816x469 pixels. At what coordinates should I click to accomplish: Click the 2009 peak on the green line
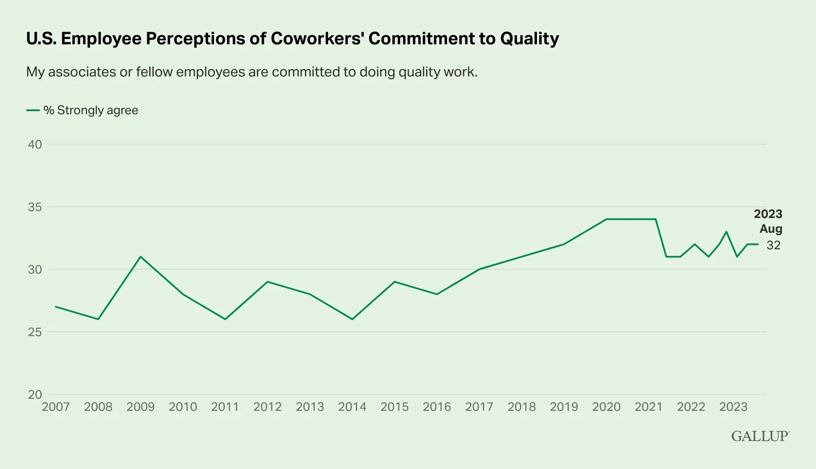140,257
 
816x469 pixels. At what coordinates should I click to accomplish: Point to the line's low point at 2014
352,319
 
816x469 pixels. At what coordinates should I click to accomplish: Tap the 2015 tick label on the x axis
394,407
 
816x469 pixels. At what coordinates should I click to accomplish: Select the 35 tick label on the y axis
35,207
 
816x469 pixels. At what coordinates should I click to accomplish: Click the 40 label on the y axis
35,145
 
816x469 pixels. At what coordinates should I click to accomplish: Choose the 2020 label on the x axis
606,407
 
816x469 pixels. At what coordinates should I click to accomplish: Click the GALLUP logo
760,436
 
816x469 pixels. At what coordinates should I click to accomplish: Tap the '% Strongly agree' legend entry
90,110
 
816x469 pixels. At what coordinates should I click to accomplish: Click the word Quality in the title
530,39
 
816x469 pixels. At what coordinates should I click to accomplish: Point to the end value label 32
773,245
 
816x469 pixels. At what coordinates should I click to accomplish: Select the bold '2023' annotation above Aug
768,214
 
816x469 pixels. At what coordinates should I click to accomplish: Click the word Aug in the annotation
770,229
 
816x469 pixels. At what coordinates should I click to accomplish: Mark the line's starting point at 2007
56,307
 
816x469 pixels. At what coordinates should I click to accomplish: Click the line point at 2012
267,282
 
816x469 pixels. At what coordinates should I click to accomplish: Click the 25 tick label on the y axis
35,332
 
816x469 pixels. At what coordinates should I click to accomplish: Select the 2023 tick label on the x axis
733,407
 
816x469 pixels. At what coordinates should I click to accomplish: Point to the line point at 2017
479,269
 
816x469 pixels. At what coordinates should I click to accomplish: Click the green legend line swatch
33,110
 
